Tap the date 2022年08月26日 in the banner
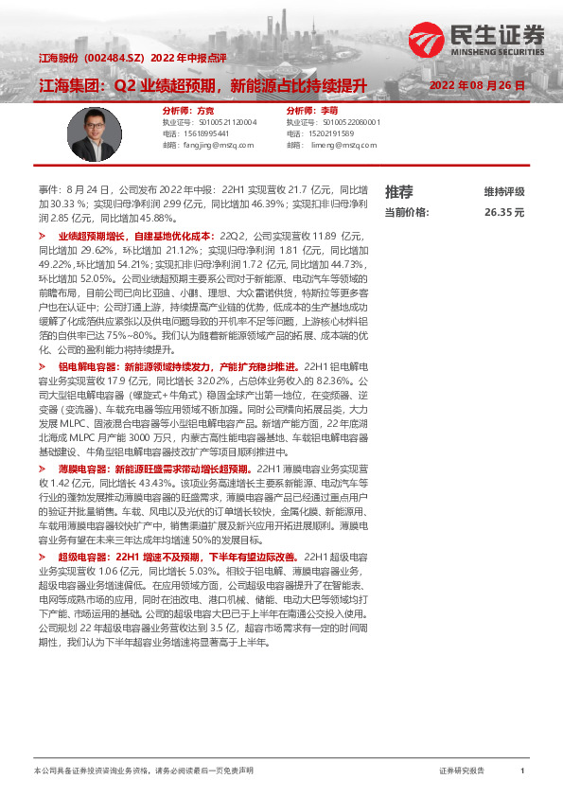[x=476, y=85]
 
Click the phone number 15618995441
[x=200, y=133]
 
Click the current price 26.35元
[x=503, y=213]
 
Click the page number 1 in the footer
[x=522, y=771]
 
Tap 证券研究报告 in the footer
[x=462, y=771]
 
